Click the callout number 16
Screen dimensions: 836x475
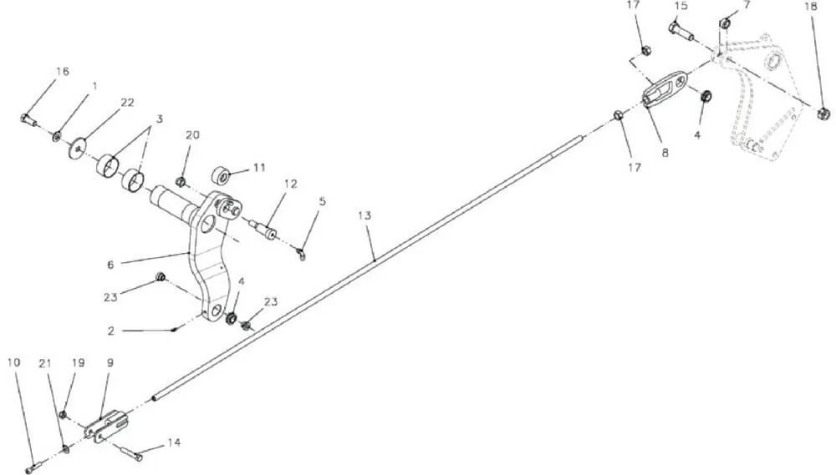tap(63, 71)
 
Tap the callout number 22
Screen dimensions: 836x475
tap(127, 102)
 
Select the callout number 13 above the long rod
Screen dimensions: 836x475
tap(364, 215)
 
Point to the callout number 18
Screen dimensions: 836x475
tap(810, 7)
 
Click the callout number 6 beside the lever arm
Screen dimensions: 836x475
tap(110, 265)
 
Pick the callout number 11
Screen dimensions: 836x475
tap(259, 168)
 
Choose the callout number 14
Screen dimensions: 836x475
tap(174, 442)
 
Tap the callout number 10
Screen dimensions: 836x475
tap(14, 362)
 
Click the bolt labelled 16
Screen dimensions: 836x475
tap(28, 119)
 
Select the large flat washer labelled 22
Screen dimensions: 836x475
tap(78, 148)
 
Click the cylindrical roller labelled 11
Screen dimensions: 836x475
tap(222, 174)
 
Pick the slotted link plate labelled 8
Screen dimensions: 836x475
tap(665, 88)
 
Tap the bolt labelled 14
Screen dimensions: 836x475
tap(131, 452)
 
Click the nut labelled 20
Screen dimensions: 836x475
tap(181, 183)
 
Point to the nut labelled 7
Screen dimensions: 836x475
tap(725, 23)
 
